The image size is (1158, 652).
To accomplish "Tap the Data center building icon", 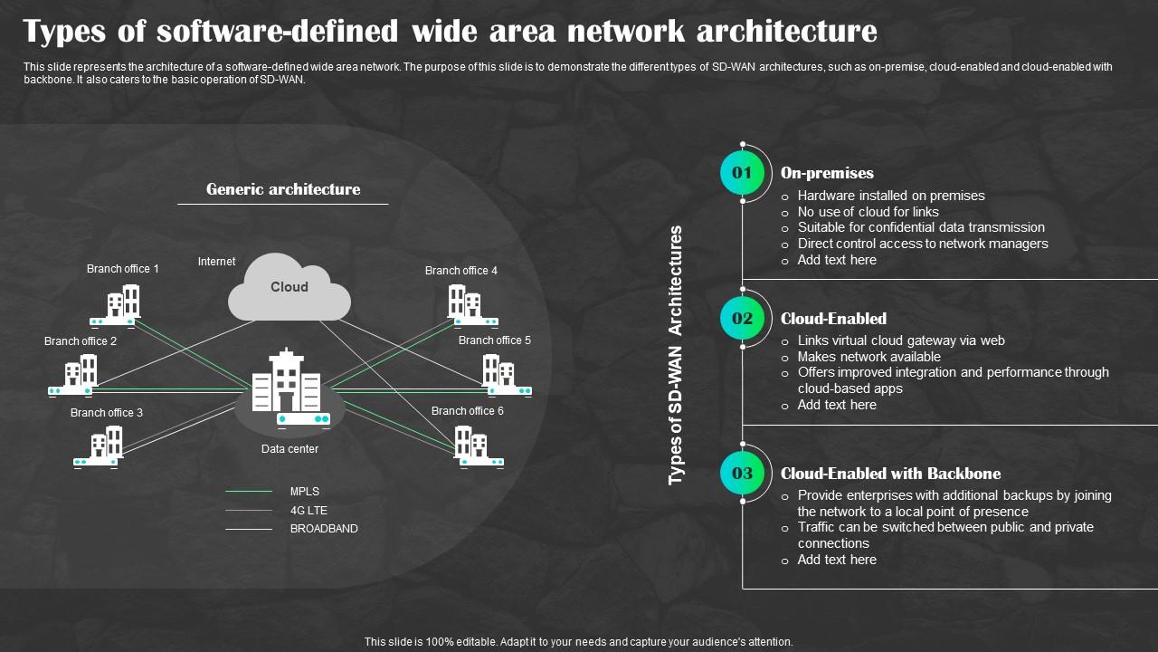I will click(x=287, y=384).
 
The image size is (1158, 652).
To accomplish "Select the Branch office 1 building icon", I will click(x=116, y=304).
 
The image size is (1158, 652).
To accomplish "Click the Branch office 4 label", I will click(x=460, y=271).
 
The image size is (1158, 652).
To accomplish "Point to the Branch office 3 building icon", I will click(x=98, y=446).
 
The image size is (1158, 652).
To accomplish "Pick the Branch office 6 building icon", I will click(x=476, y=446).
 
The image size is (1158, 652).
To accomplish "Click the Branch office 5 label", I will click(x=494, y=340).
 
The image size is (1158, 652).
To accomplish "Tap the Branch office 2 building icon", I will click(x=74, y=374).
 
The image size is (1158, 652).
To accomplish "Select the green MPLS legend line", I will click(x=249, y=492).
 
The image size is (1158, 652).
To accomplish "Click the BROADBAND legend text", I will click(x=324, y=529).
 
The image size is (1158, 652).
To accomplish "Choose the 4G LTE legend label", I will click(x=308, y=511).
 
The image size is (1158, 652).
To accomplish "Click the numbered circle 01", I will click(x=742, y=173).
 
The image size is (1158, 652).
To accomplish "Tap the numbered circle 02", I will click(x=742, y=318).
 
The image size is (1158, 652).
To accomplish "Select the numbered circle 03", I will click(x=742, y=474).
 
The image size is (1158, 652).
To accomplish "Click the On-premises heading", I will click(x=827, y=173).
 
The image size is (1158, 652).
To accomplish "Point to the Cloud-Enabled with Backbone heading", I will click(x=890, y=474).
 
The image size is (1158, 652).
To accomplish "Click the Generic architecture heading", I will click(x=283, y=189).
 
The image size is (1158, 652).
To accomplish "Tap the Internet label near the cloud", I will click(x=216, y=262).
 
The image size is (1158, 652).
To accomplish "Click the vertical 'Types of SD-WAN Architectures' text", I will click(x=676, y=355).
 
